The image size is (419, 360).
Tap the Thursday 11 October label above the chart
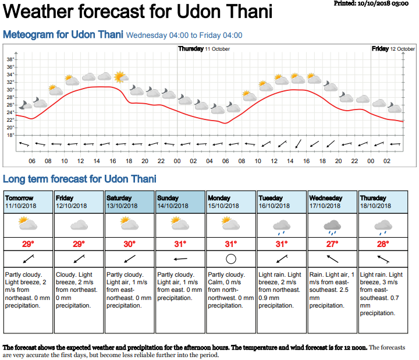204,49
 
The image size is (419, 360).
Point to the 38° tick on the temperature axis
10,59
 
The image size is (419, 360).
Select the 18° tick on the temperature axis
10,135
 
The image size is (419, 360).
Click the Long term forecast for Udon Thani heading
80,179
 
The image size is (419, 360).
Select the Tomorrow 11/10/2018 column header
29,202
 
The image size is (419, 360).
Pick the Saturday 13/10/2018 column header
130,202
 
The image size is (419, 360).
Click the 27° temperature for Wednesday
332,243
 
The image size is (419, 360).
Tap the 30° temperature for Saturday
130,243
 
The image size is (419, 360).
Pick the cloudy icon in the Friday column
79,224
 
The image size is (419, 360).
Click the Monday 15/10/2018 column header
231,202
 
